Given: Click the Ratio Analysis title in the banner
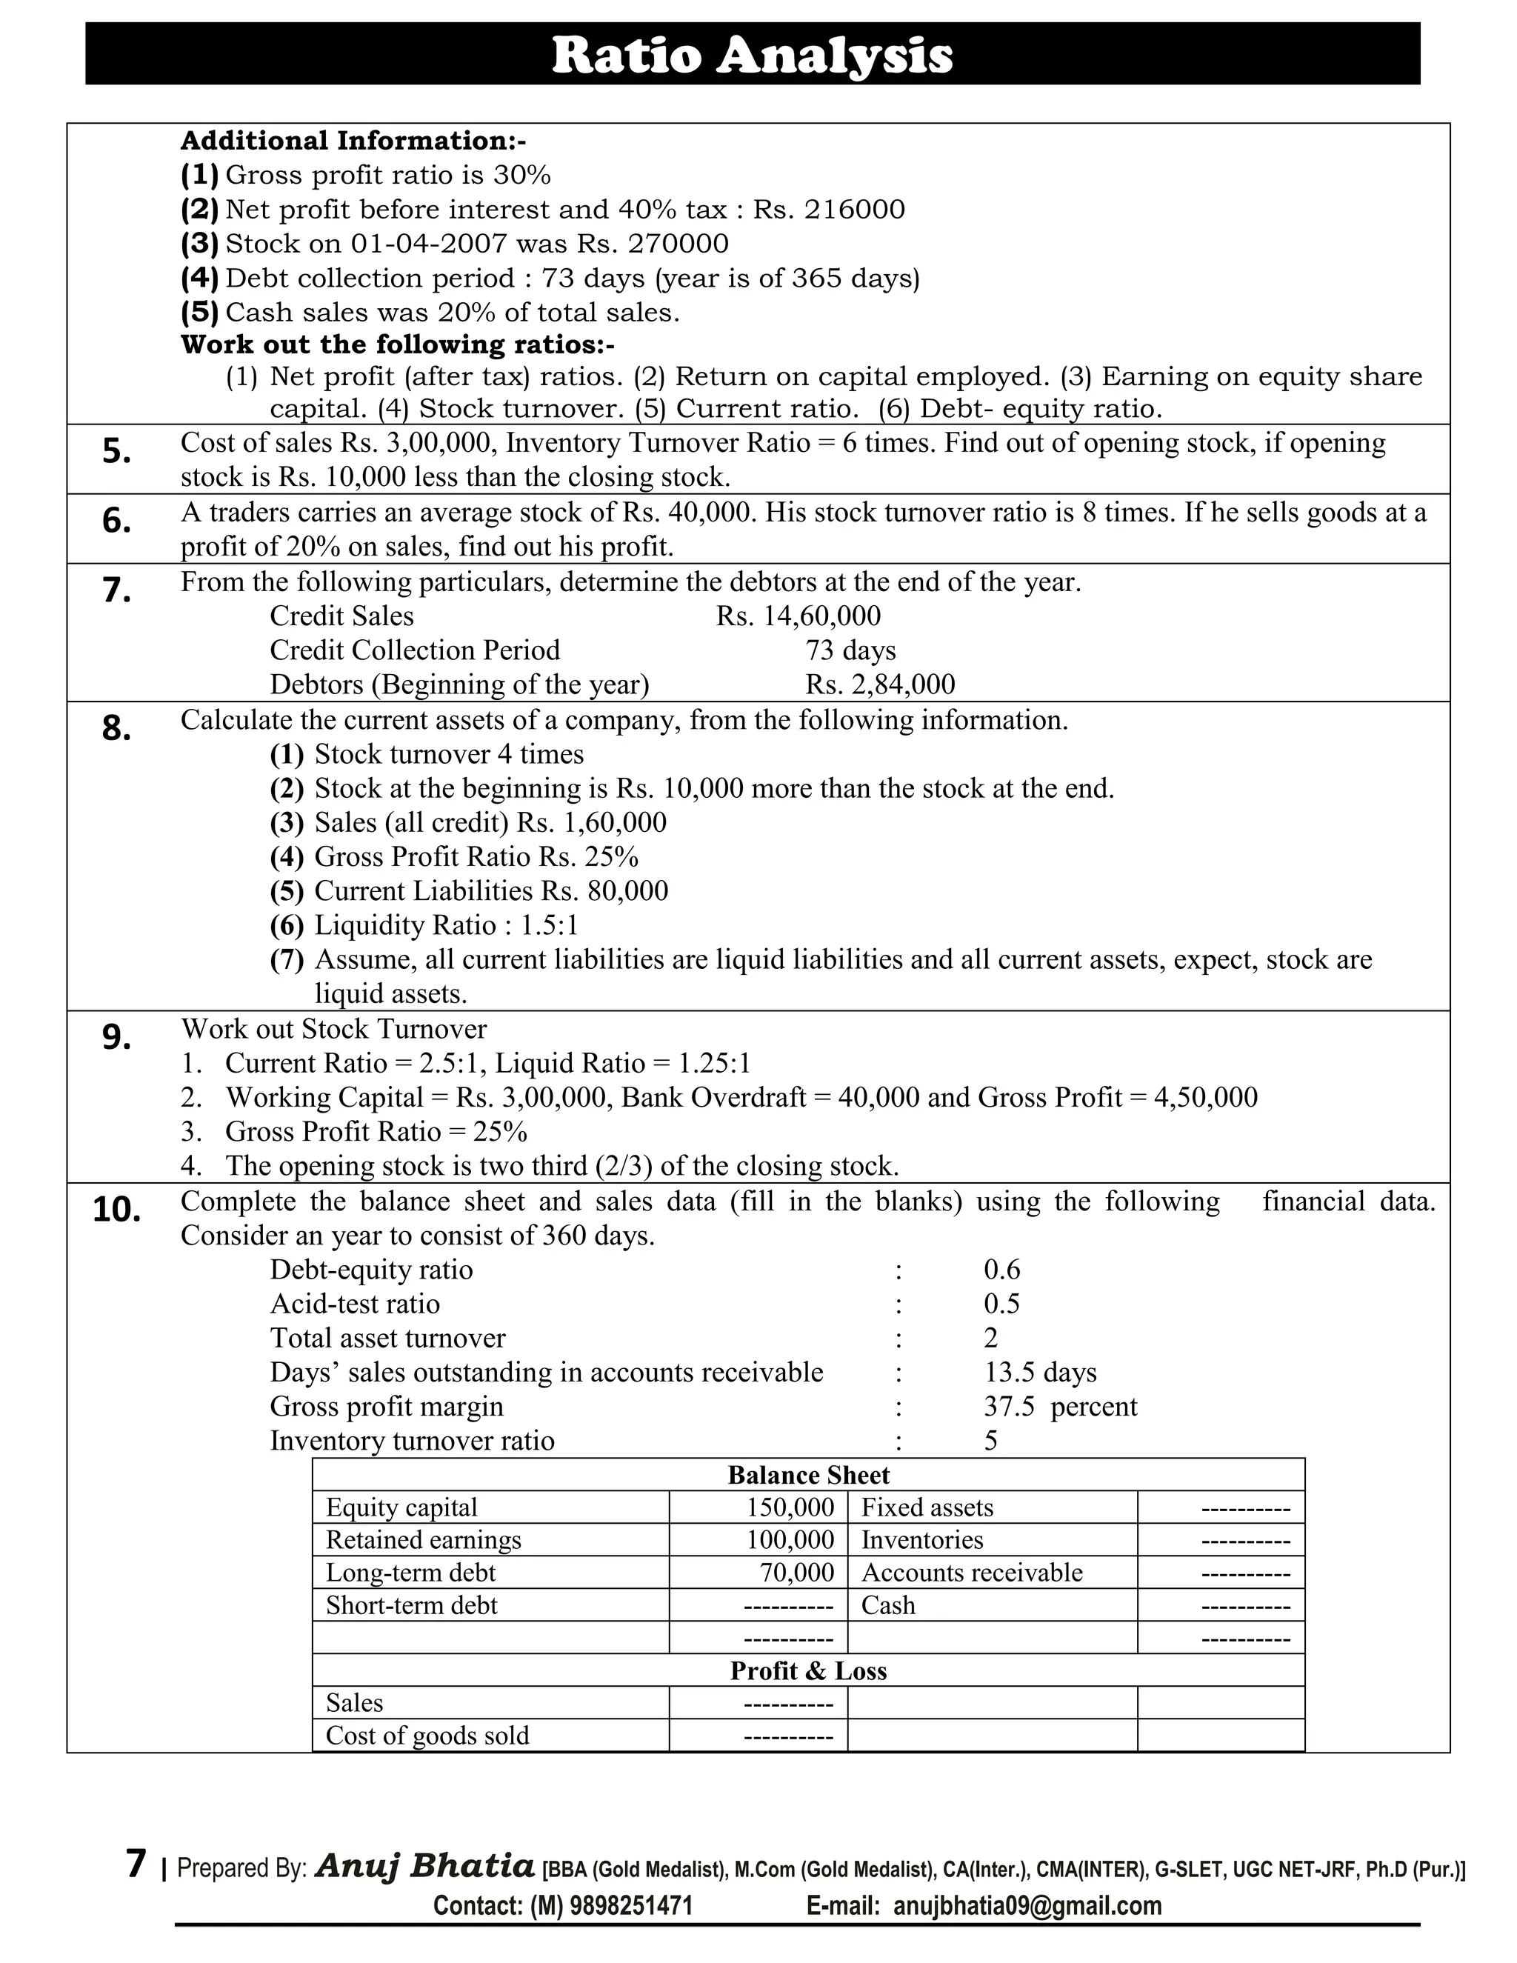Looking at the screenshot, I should (751, 55).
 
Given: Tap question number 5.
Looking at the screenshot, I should (117, 451).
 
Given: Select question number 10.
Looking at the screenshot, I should (117, 1210).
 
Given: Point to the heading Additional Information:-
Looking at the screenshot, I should (353, 140).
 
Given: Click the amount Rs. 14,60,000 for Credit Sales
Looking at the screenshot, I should (798, 616).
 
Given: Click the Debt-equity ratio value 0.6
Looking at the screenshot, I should (1001, 1269).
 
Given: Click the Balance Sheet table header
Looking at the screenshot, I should (808, 1475).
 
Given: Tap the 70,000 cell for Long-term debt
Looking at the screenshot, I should (797, 1572).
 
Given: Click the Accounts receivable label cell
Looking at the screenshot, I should (972, 1572).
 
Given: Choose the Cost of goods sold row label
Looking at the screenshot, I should (427, 1735).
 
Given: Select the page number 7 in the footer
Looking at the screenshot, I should (136, 1864).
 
